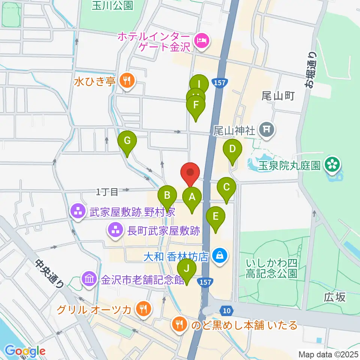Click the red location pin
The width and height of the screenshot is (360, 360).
[190, 173]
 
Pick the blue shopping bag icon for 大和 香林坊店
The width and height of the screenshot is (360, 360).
[219, 256]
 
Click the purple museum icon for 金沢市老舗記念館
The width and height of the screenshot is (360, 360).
[90, 279]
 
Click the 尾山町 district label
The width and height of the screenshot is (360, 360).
[278, 96]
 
